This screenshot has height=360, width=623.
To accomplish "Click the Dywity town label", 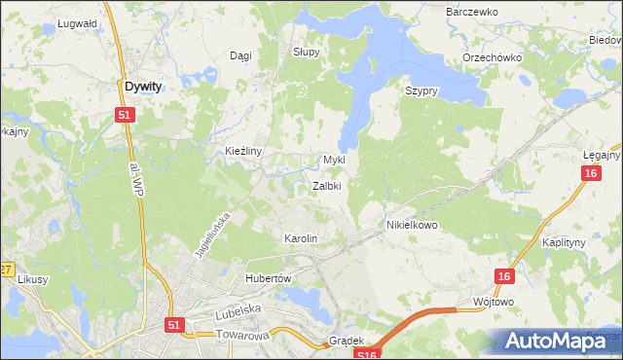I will click(x=143, y=87).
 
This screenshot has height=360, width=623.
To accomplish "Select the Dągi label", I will click(x=239, y=56).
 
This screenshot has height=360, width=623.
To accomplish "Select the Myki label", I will click(x=334, y=160).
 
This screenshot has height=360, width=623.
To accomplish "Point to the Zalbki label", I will click(x=326, y=186).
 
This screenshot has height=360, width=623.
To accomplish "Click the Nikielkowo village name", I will click(x=407, y=225).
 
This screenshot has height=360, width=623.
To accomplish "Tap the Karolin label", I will click(x=300, y=238).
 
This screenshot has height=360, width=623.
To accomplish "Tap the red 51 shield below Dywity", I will click(x=125, y=115).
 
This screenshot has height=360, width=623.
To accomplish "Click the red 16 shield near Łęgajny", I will click(x=591, y=173).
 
